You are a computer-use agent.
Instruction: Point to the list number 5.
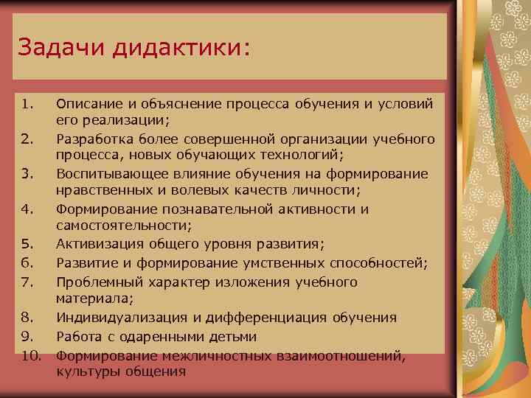coord(27,244)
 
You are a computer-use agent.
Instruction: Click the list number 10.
coord(29,355)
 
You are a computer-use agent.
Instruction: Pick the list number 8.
coord(27,318)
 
